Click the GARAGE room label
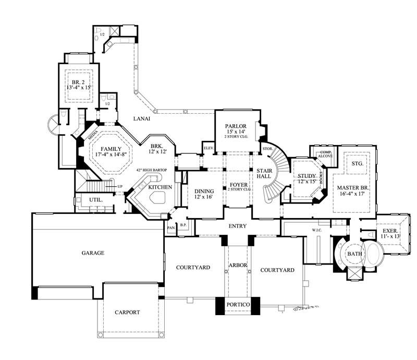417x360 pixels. coord(93,253)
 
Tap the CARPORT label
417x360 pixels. coord(127,312)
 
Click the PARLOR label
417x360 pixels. coord(235,126)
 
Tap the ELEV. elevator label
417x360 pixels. coord(208,148)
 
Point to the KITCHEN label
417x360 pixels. coord(161,187)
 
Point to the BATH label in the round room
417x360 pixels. coord(354,254)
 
